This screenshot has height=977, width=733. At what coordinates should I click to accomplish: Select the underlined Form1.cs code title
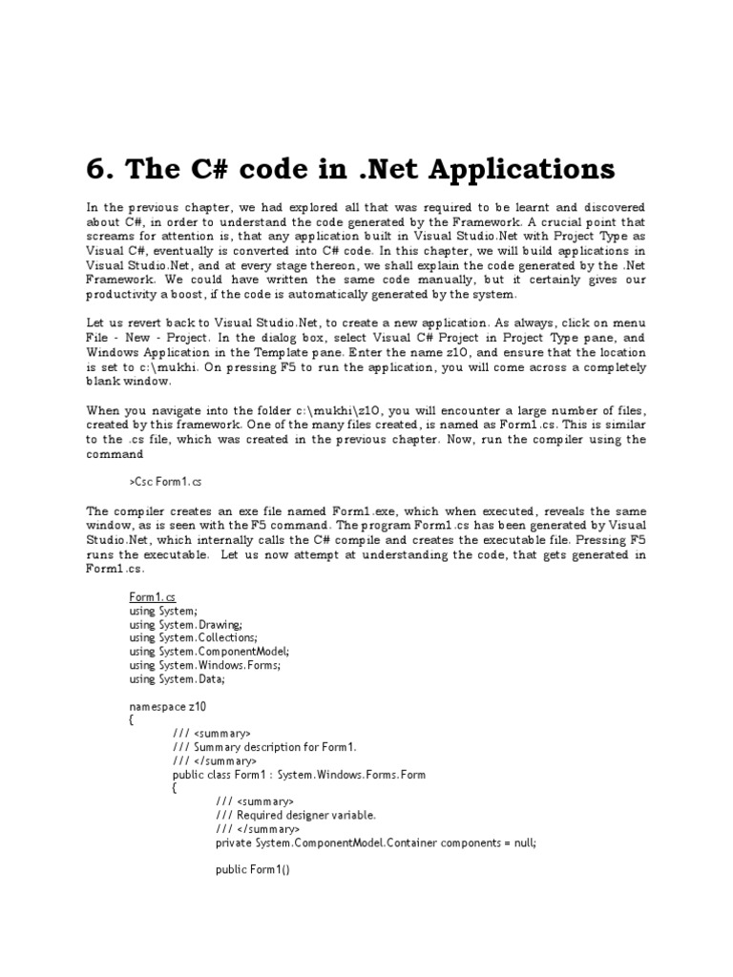pyautogui.click(x=153, y=596)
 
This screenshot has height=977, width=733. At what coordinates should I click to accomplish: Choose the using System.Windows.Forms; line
pyautogui.click(x=204, y=665)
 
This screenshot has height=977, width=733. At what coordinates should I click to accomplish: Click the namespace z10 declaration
pyautogui.click(x=167, y=707)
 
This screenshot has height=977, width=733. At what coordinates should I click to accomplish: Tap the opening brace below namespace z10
pyautogui.click(x=132, y=720)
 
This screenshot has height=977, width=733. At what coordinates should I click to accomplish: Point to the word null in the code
pyautogui.click(x=521, y=843)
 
